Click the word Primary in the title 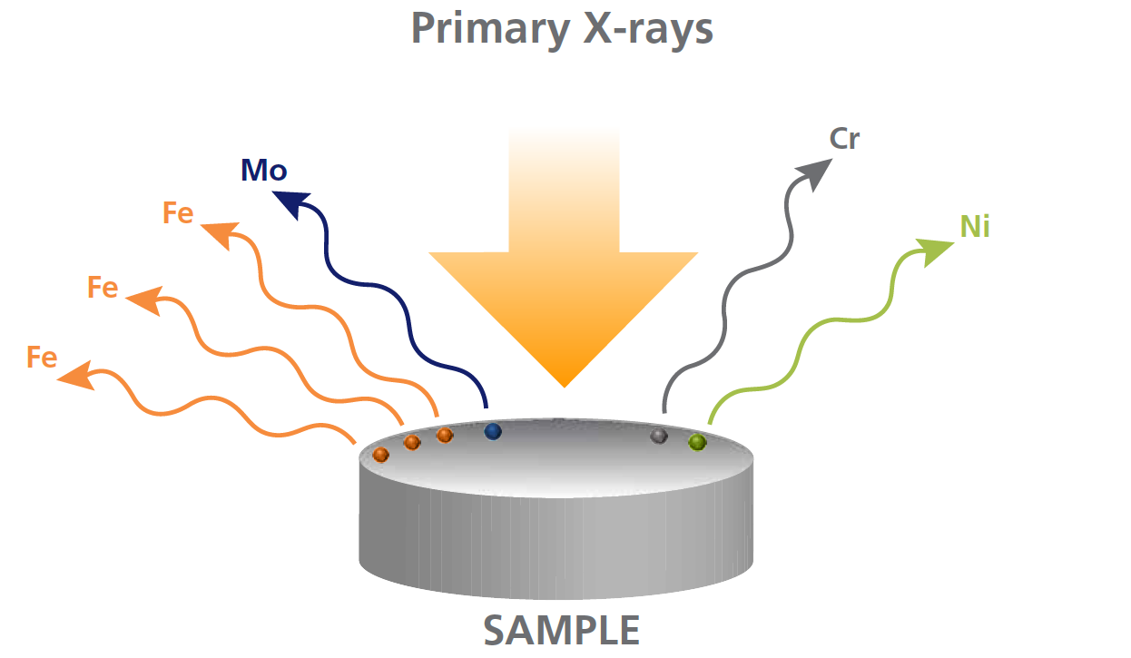coord(490,29)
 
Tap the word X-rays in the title coord(648,29)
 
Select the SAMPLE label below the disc coord(562,630)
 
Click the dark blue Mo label coord(264,171)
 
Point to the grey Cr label coord(844,138)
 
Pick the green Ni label coord(975,226)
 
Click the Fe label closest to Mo coord(178,212)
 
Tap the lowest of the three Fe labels coord(42,358)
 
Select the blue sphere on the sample coord(493,432)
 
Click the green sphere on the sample coord(697,442)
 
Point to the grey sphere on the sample coord(659,436)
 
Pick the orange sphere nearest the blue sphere coord(445,435)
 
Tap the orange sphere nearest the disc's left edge coord(380,455)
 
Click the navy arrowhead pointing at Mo coord(293,204)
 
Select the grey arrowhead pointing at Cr coord(814,174)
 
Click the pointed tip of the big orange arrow coord(565,387)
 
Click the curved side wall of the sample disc coord(556,545)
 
